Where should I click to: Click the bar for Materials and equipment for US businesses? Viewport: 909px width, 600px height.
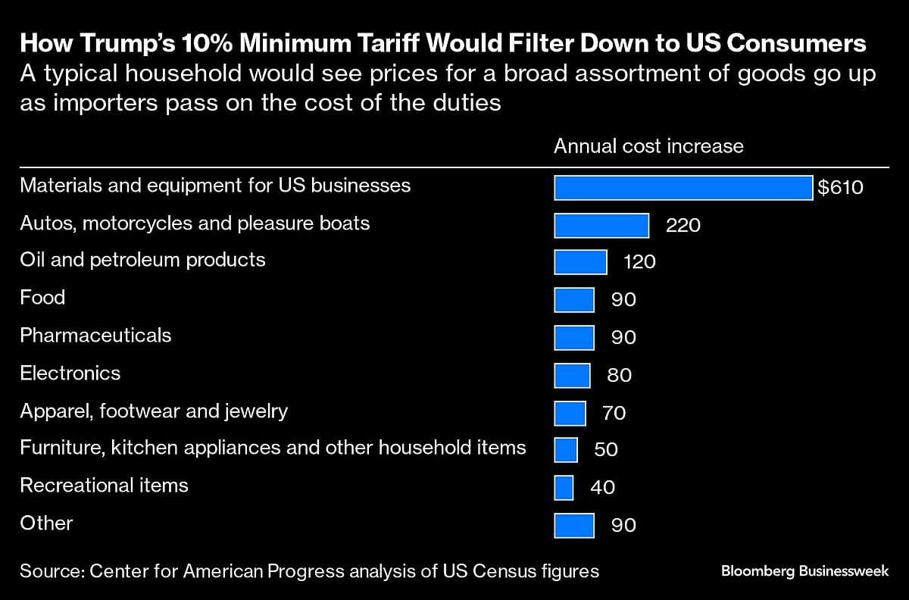click(x=683, y=187)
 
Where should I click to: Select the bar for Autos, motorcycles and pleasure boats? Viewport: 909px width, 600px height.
click(x=601, y=225)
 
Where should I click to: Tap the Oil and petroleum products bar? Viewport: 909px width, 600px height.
click(x=580, y=262)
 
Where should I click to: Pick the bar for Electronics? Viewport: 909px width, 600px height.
click(x=572, y=375)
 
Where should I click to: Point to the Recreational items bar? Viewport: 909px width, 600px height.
click(x=564, y=487)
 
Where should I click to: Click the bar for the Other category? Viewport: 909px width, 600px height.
click(x=574, y=525)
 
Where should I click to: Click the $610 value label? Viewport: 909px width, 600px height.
click(x=840, y=187)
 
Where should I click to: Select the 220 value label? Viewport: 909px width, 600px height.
click(x=683, y=225)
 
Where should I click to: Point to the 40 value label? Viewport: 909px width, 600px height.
click(x=602, y=487)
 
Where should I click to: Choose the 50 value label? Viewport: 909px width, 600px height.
click(x=606, y=449)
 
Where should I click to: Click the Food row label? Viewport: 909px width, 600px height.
click(x=42, y=297)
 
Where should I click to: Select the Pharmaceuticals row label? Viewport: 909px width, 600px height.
click(x=95, y=335)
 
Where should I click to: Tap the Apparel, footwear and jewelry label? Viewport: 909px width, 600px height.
click(x=154, y=411)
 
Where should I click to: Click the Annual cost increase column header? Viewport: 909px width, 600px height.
click(x=648, y=146)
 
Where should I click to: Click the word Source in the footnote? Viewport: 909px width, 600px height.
click(x=51, y=571)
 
